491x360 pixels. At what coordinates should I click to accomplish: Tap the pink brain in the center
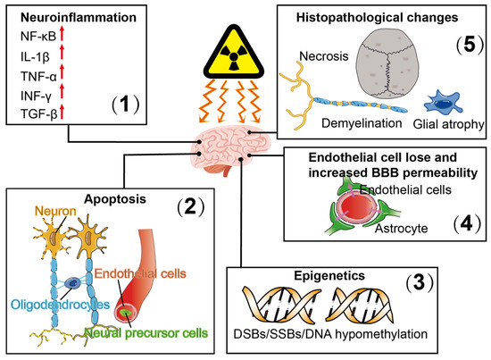[x=226, y=145]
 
